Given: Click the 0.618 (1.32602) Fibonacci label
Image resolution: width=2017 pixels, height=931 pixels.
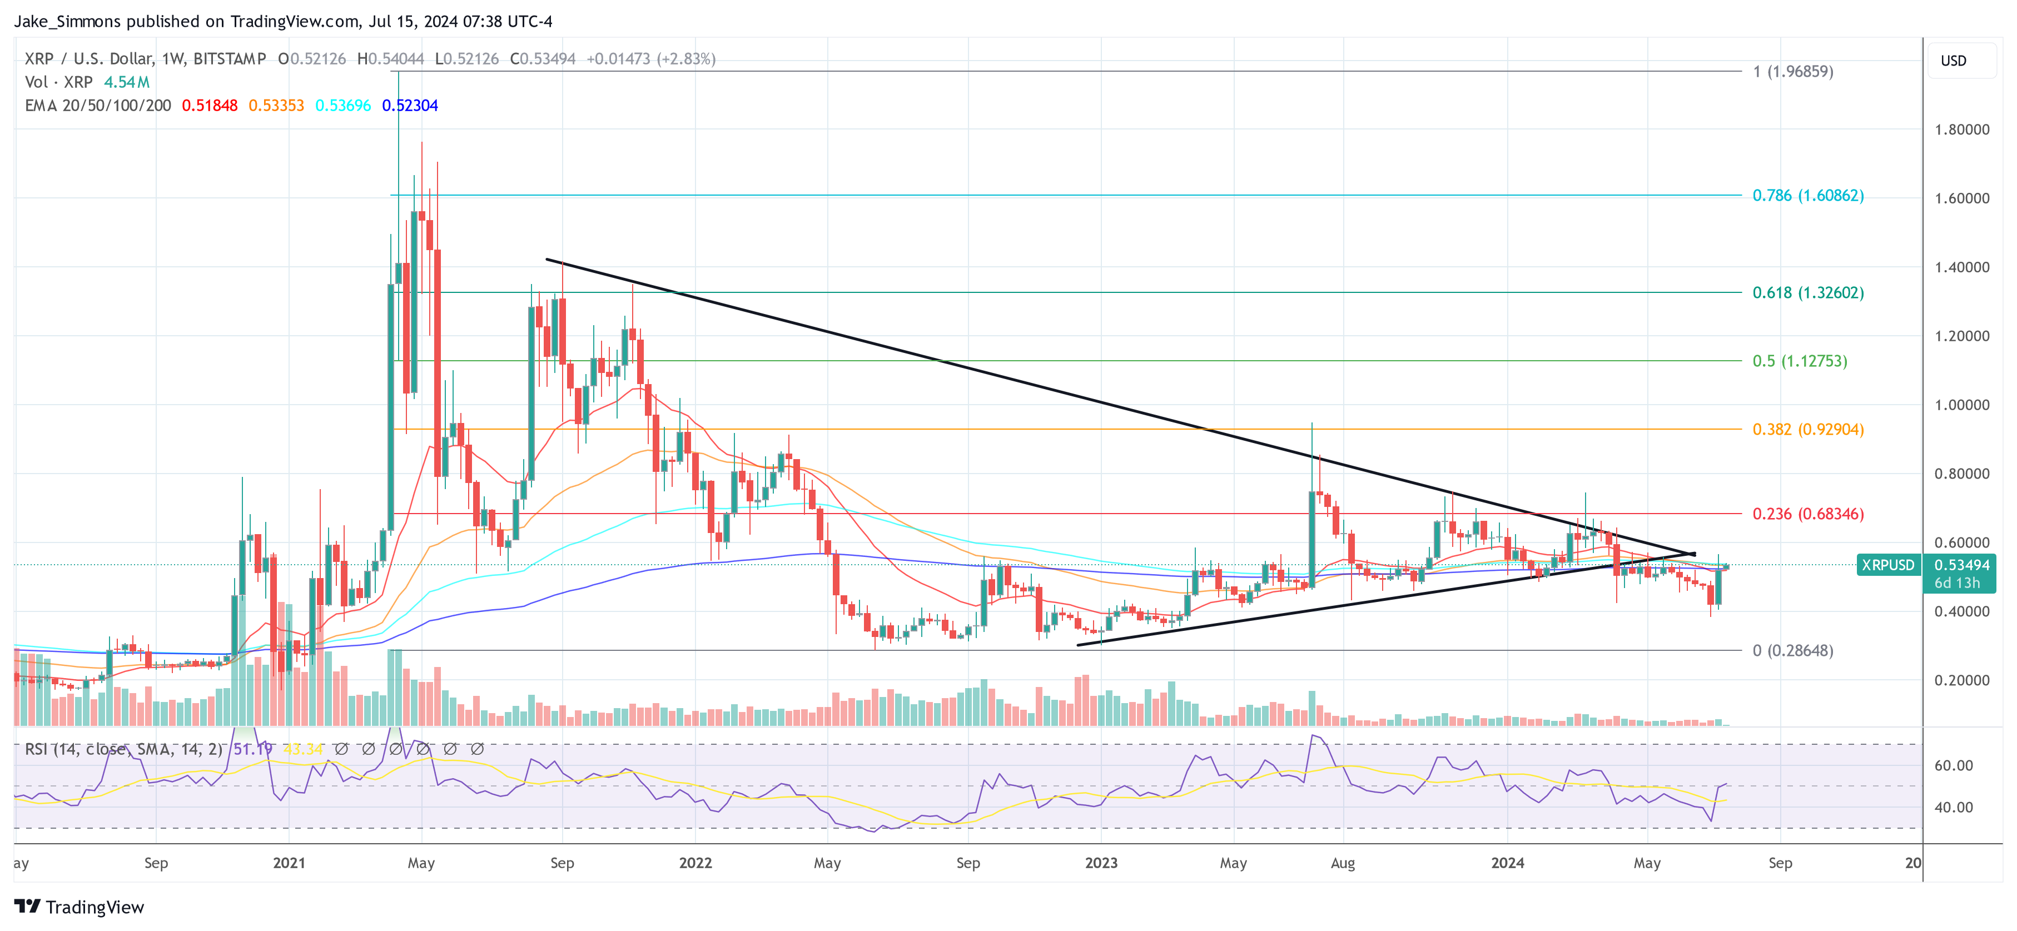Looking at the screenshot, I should coord(1807,293).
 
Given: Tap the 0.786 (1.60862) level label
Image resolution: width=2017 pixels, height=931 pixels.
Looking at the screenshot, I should coord(1807,196).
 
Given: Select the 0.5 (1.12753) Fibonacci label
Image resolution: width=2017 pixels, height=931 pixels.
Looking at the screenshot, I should coord(1799,361).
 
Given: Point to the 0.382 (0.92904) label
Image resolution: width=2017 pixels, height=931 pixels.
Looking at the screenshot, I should coord(1807,430).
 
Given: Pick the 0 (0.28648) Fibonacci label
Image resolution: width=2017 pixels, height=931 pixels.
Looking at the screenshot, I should coord(1792,651).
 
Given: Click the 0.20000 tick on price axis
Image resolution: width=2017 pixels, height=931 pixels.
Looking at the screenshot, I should coord(1961,680).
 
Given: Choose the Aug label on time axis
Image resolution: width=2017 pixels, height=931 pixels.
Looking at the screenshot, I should coord(1342,863).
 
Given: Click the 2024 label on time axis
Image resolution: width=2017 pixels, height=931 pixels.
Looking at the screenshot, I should coord(1507,863).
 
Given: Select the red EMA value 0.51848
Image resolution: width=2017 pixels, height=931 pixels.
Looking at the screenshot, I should coord(209,106).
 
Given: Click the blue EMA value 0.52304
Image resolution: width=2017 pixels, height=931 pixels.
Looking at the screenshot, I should coord(410,106).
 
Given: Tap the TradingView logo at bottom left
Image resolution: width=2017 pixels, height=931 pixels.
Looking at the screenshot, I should coord(79,907).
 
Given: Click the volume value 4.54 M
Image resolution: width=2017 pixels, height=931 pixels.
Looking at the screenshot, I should coord(126,82).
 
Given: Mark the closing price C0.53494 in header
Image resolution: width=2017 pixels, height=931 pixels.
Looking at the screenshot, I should coord(543,59).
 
